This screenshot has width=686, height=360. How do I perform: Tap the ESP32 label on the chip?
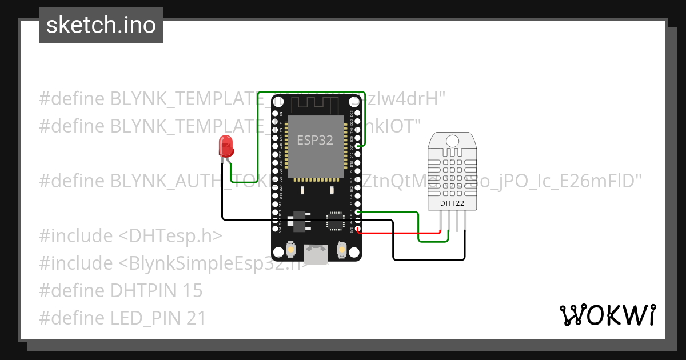315,140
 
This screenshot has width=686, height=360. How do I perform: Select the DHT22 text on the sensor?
452,203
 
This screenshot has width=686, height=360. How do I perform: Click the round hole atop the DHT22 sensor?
452,140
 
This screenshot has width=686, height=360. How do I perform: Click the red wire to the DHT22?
400,233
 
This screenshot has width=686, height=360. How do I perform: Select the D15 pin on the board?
358,213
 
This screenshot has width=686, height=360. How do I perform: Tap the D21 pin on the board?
358,146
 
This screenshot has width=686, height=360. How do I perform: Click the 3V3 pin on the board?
358,230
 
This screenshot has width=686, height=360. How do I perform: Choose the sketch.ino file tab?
101,25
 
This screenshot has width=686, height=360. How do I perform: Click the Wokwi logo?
607,315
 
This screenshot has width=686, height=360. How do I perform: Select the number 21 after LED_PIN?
196,318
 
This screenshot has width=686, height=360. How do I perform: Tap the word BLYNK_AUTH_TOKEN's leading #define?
72,181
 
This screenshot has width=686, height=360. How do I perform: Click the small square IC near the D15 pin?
334,221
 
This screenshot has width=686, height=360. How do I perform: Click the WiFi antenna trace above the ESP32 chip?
315,105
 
